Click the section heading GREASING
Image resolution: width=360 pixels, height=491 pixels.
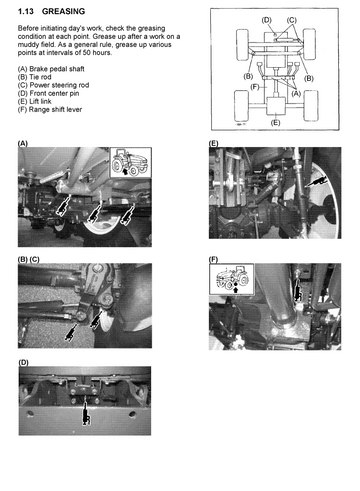[63, 11]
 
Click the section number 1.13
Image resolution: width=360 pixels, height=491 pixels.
[26, 11]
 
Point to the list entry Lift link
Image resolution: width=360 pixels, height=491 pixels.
[40, 101]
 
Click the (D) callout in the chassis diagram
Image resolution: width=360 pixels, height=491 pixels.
[266, 20]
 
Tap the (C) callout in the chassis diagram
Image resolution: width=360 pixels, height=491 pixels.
[291, 20]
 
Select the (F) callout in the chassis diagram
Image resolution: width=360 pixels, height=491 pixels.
[255, 87]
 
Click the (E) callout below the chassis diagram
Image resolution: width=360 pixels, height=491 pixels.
[275, 123]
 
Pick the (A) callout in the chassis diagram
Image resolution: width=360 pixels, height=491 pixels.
[296, 94]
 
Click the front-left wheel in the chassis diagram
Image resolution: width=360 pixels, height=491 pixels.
[242, 45]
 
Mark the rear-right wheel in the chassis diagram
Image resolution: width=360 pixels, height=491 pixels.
[311, 105]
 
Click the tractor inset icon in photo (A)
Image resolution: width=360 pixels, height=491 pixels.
[131, 162]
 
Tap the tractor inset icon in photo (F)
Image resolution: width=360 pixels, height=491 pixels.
[232, 279]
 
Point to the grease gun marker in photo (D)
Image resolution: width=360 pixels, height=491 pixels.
[86, 413]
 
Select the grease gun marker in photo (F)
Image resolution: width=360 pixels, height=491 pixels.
[297, 290]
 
